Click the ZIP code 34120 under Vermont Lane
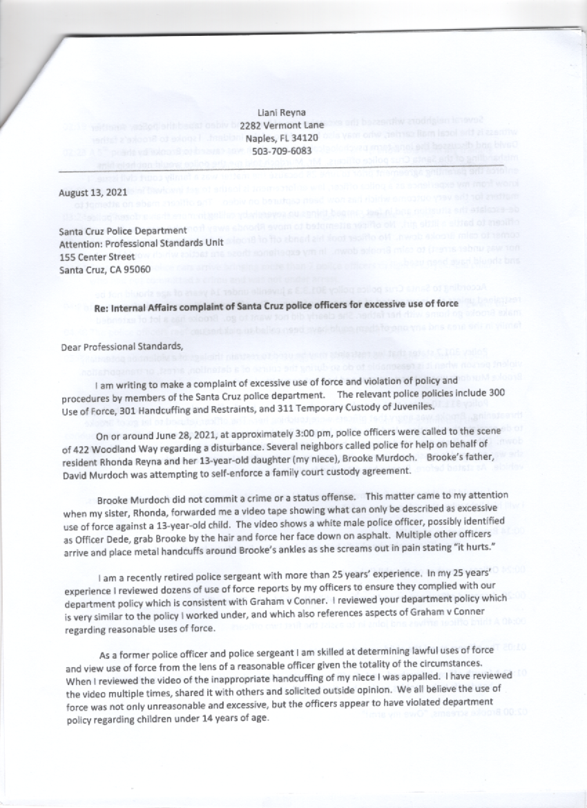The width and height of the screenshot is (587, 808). click(304, 138)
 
